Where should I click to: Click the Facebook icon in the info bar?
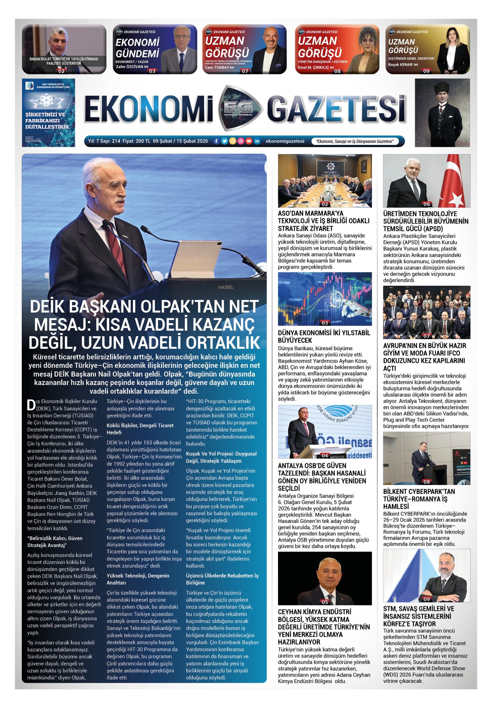(x=216, y=141)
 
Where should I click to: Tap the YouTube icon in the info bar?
(x=249, y=141)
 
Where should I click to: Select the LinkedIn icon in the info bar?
(x=257, y=141)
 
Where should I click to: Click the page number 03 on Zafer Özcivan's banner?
(x=152, y=71)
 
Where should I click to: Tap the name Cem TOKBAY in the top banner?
(x=217, y=67)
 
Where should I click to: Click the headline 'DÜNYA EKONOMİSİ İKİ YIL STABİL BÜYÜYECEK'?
(x=324, y=336)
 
